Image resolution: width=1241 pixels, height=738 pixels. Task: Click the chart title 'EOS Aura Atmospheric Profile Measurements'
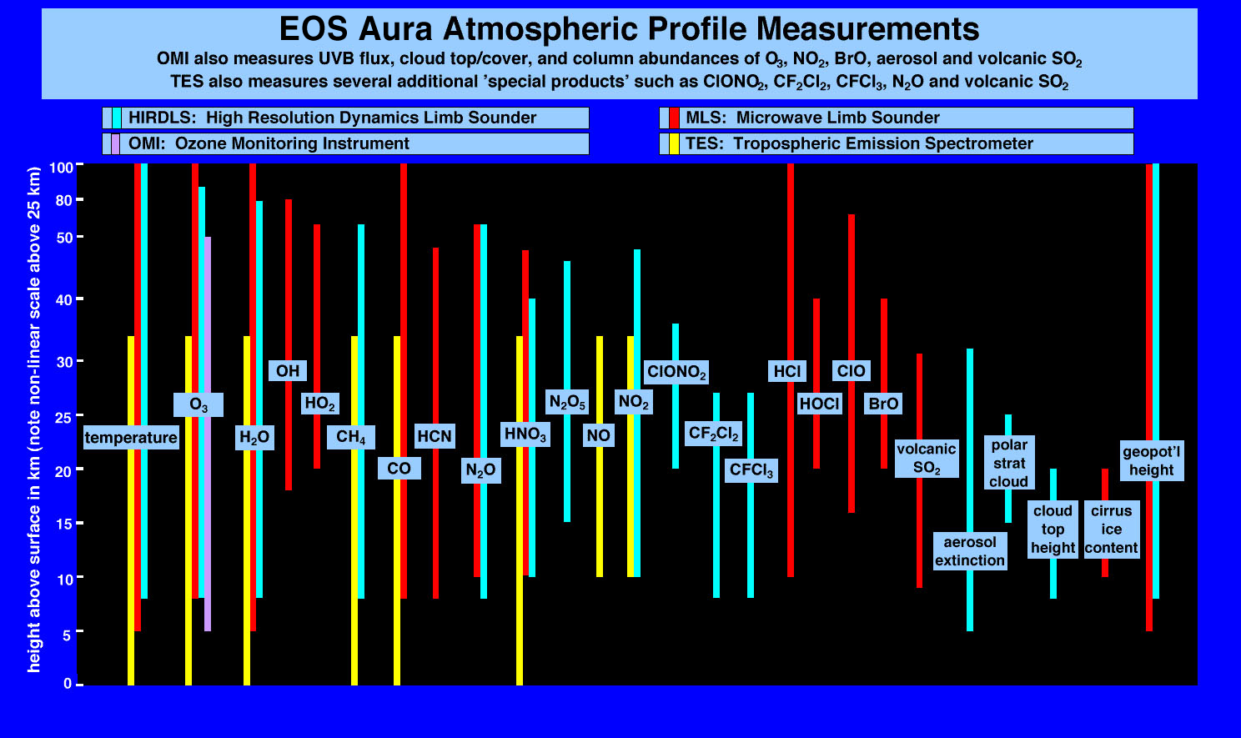629,28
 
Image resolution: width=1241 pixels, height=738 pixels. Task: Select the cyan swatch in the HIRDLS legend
117,118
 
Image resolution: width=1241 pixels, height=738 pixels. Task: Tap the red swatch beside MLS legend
674,118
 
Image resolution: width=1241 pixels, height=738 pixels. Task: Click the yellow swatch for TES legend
674,144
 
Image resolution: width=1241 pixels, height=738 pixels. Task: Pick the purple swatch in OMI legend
115,144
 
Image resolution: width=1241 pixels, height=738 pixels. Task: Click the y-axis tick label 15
64,524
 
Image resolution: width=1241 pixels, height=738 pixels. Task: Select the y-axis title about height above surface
34,419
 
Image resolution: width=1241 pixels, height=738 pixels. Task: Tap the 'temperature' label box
131,437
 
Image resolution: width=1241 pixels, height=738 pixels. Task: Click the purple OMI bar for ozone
208,434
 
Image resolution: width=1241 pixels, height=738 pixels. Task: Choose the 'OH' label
288,370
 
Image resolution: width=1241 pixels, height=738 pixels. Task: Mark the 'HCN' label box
435,436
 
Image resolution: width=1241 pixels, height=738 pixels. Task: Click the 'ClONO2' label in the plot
676,372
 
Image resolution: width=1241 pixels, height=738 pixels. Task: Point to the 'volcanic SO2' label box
927,458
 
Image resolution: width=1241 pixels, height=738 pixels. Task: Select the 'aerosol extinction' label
970,551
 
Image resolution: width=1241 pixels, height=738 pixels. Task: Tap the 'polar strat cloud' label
1009,463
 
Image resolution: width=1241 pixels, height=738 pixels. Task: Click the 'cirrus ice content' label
1112,530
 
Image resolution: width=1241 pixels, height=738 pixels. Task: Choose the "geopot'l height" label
1152,460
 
